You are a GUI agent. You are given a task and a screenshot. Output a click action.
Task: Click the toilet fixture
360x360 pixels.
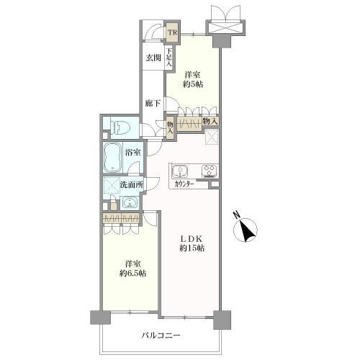pos(120,127)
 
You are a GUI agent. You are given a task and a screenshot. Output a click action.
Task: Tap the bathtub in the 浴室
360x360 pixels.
pos(112,157)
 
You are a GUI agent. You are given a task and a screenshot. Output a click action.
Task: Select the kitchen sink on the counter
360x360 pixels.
pos(180,171)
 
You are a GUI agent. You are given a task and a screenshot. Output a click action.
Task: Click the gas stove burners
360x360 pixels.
pos(210,171)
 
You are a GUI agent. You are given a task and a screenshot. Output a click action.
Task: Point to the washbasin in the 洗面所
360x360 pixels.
pos(130,203)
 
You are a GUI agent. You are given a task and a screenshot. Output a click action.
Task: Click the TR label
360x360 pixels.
pos(172,32)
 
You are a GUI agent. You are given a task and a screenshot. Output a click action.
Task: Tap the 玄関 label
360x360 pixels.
pos(153,58)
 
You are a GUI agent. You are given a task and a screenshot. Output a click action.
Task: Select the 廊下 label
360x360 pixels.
pos(153,104)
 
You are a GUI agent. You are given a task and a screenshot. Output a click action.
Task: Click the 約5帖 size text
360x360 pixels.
pos(193,84)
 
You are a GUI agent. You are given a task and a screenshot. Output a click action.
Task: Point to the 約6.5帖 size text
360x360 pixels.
pos(133,274)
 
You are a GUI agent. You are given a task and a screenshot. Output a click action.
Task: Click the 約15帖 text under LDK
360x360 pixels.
pos(192,248)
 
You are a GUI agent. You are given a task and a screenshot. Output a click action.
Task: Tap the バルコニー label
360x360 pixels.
pos(161,335)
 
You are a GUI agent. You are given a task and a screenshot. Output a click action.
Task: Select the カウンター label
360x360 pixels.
pos(184,184)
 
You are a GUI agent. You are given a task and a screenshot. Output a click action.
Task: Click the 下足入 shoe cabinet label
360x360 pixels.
pos(169,58)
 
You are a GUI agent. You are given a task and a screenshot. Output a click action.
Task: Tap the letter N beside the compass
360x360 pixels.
pos(237,215)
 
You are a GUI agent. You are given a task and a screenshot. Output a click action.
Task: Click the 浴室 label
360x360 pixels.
pos(132,152)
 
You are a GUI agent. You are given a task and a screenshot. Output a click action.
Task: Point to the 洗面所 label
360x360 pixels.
pos(131,185)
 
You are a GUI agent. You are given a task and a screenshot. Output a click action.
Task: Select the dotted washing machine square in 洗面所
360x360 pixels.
pos(112,185)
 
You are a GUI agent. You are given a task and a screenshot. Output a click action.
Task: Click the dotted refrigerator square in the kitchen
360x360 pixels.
pos(212,137)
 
